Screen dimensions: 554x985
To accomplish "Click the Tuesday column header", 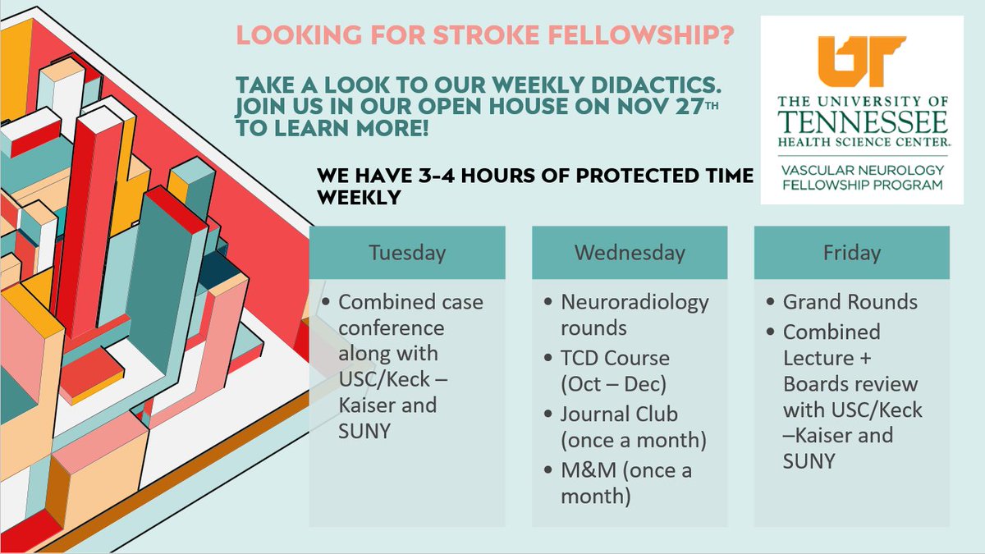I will pyautogui.click(x=407, y=251).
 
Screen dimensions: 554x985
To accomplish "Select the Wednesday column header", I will pyautogui.click(x=630, y=251).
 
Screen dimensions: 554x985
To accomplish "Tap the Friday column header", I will pyautogui.click(x=851, y=251).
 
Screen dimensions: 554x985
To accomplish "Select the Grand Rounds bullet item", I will pyautogui.click(x=850, y=302).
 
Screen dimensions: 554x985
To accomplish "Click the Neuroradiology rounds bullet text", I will pyautogui.click(x=634, y=314).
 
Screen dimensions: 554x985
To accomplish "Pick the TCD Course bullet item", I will pyautogui.click(x=615, y=371).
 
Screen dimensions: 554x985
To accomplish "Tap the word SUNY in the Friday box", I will pyautogui.click(x=809, y=460).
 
